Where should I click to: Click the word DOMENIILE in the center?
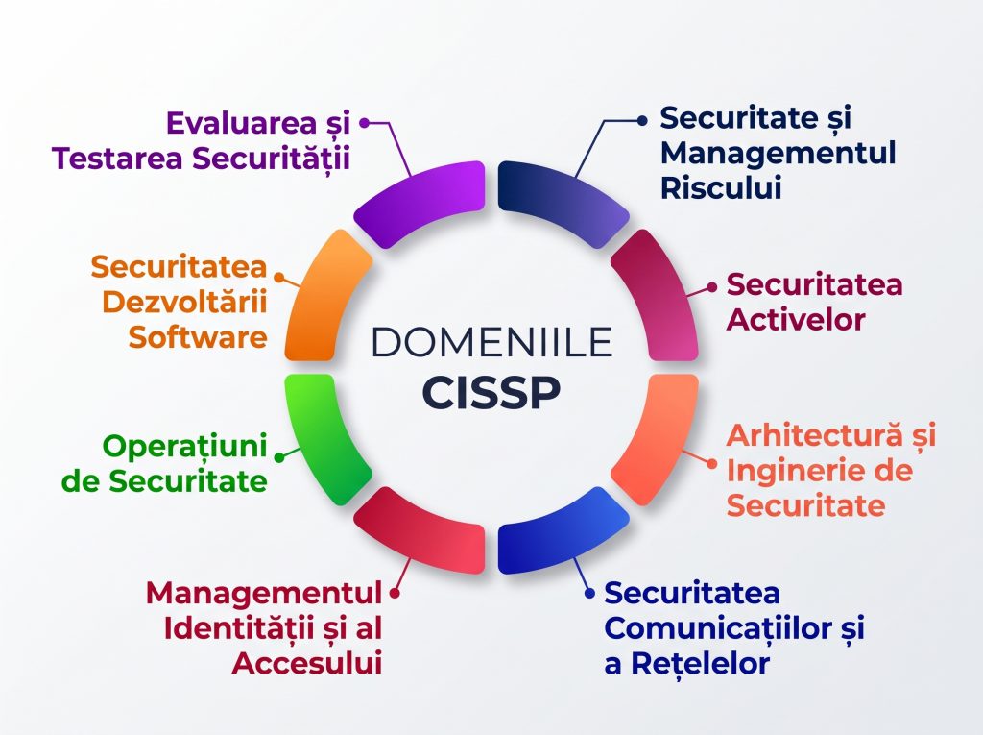491,342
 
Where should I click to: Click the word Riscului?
721,187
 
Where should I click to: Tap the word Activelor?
796,320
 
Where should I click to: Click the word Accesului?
307,664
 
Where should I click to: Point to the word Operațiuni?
185,447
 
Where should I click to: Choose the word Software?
198,337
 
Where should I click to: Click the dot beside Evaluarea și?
364,123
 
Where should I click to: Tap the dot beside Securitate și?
642,120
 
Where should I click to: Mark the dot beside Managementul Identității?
395,593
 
